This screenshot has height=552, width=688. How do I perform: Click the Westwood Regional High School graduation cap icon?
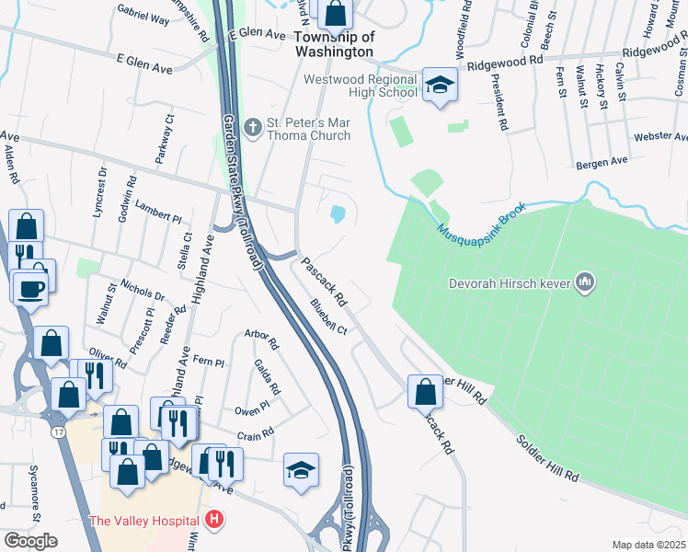[x=441, y=86]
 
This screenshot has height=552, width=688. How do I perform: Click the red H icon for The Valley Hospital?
[x=214, y=521]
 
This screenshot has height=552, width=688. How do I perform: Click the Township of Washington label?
[x=335, y=44]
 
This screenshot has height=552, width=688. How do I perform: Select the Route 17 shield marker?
[x=57, y=431]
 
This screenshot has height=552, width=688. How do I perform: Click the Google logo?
[x=30, y=541]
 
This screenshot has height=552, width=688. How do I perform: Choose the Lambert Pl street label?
[x=158, y=212]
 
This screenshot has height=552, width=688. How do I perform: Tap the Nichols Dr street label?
[x=142, y=290]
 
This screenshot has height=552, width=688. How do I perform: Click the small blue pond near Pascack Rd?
[x=338, y=214]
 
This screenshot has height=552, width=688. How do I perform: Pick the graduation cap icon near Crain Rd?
[x=301, y=470]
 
